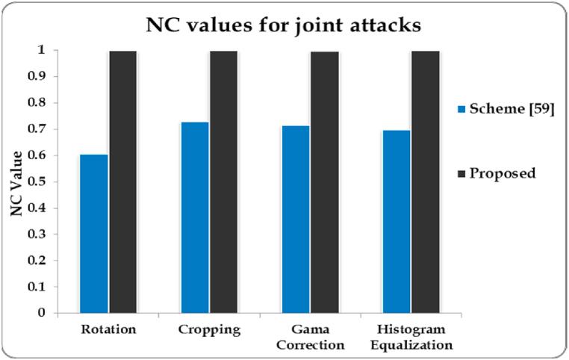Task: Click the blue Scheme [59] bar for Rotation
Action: pos(94,233)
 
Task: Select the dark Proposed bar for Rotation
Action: pos(122,181)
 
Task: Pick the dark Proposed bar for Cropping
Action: pos(223,181)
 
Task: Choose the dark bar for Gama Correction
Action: pos(324,181)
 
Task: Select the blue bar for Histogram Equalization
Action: pos(397,221)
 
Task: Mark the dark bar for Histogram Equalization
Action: pos(425,181)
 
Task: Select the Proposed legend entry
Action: pos(498,173)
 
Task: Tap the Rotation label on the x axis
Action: pos(108,329)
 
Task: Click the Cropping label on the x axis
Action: pos(209,329)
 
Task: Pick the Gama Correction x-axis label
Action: pos(310,337)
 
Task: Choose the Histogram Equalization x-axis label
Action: pos(411,337)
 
